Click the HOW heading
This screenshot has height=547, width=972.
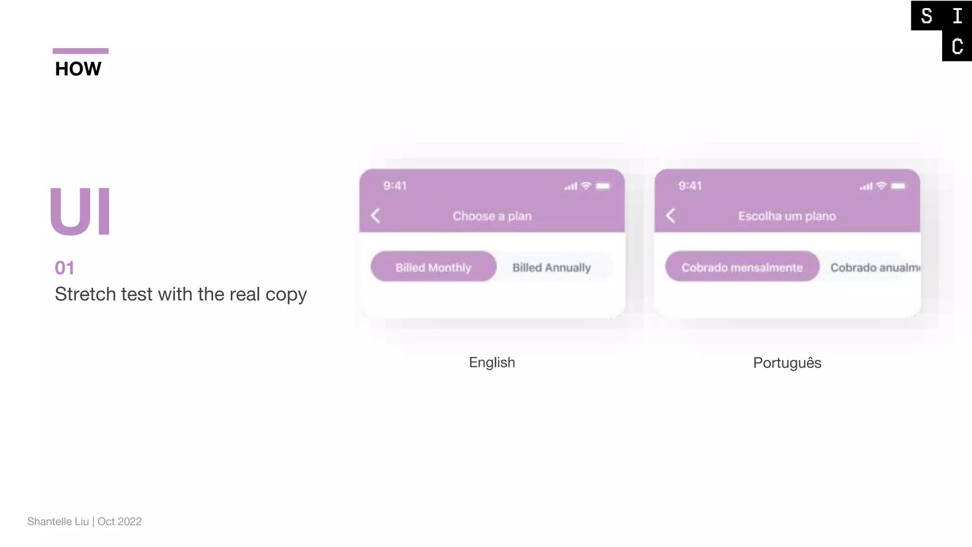pos(78,69)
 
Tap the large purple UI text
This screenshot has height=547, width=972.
pos(80,211)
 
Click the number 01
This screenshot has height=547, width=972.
pos(65,268)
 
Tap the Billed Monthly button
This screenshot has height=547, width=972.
pos(433,267)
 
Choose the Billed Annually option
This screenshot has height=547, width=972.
pos(551,267)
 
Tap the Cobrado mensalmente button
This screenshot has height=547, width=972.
pos(742,267)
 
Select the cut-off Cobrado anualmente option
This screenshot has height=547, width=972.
pos(875,267)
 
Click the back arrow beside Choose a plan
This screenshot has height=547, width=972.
pos(375,216)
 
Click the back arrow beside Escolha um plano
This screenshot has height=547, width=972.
pos(670,216)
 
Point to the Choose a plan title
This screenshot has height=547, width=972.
pos(492,216)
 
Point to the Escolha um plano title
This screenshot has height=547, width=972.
pos(787,216)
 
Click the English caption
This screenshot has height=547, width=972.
pos(492,362)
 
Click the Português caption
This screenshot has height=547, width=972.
pos(787,363)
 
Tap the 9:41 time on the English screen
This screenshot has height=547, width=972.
pos(395,186)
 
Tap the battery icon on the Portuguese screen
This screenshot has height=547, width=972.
pos(898,186)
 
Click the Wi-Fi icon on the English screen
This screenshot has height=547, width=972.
pos(586,186)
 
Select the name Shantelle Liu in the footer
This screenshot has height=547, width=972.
pos(58,521)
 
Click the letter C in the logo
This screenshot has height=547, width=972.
pos(957,46)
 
